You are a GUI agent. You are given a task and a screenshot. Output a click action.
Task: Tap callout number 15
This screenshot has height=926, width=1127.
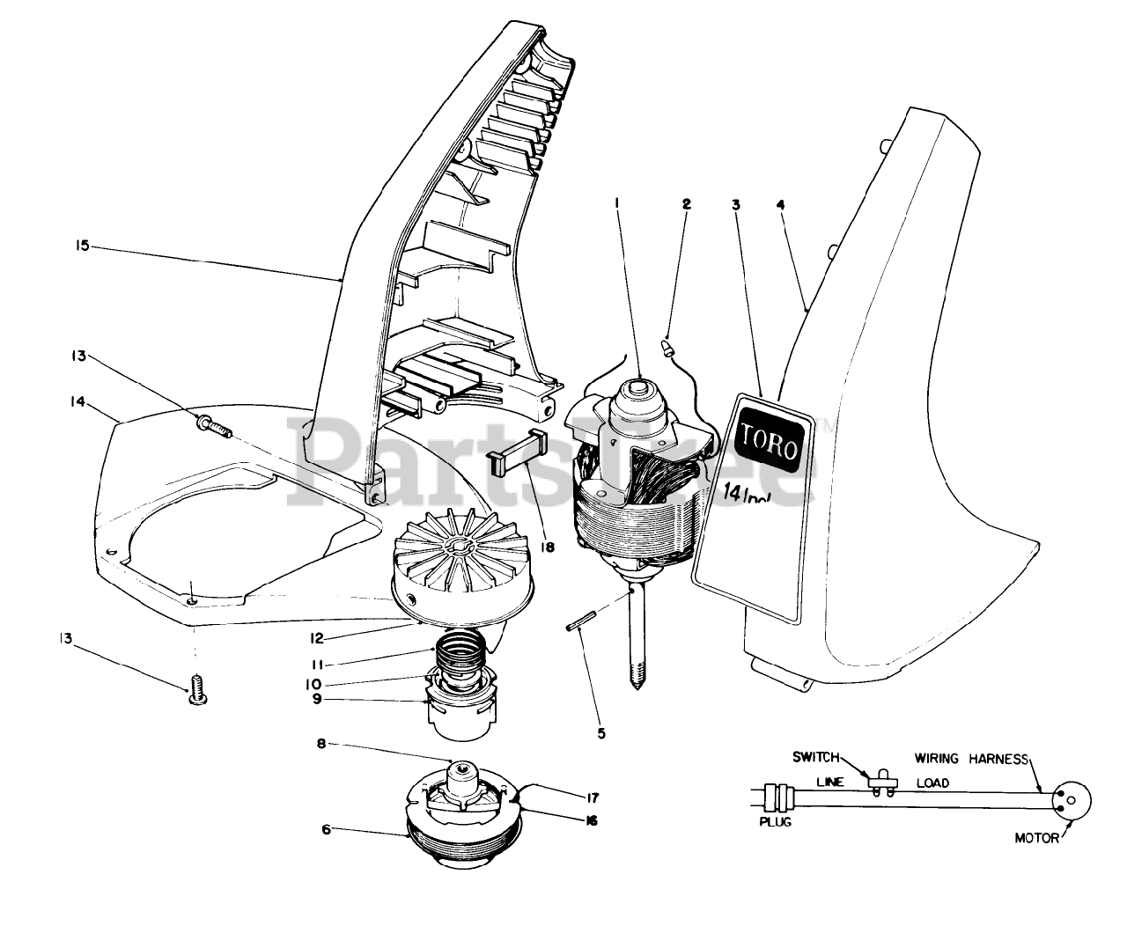click(81, 247)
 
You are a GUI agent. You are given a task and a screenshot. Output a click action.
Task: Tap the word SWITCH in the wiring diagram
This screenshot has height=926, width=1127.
click(816, 756)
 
